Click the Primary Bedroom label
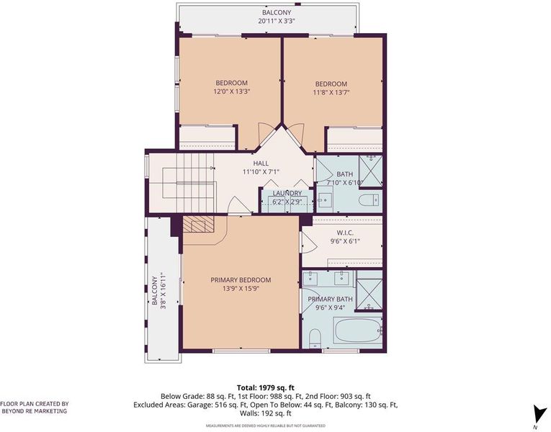[x=241, y=280]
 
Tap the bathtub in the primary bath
[x=358, y=330]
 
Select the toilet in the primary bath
[x=315, y=338]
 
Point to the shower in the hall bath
[x=370, y=171]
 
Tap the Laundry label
[x=287, y=193]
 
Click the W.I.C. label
[x=345, y=233]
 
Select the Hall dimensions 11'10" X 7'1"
[x=261, y=172]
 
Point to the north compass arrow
[x=537, y=414]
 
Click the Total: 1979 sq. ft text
[x=266, y=388]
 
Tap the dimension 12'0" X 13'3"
[x=231, y=91]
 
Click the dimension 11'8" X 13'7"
[x=331, y=92]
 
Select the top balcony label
[x=276, y=13]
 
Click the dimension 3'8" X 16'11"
[x=163, y=291]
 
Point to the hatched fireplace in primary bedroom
[x=198, y=224]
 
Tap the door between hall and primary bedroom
[x=239, y=205]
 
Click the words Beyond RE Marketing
[x=35, y=411]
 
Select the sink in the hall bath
[x=325, y=200]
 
